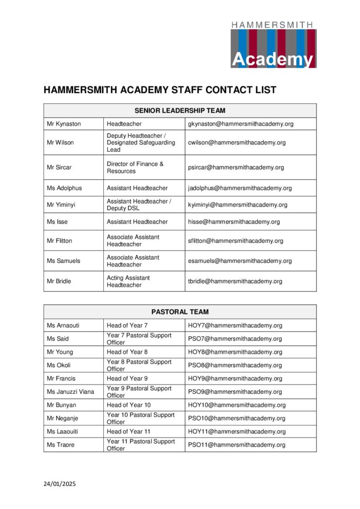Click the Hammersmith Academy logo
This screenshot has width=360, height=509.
[x=273, y=45]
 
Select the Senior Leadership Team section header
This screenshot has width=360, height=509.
[x=179, y=111]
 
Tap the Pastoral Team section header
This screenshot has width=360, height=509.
[x=179, y=312]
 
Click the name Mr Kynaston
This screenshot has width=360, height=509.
[x=64, y=124]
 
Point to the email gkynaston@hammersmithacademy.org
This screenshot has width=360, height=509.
[x=241, y=124]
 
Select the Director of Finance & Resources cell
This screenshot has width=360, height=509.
[x=135, y=168]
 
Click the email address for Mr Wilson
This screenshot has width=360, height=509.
[x=237, y=142]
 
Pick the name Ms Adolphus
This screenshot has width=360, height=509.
[x=64, y=188]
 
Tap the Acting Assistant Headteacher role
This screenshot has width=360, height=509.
[x=128, y=281]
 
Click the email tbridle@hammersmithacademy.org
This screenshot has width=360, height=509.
[x=235, y=281]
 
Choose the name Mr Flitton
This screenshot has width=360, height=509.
[x=60, y=241]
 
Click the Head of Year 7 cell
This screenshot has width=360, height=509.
[x=127, y=325]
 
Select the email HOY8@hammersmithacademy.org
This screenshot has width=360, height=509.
[x=235, y=352]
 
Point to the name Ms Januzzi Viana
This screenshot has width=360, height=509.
[x=70, y=392]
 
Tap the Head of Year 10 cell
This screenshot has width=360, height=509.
[x=129, y=405]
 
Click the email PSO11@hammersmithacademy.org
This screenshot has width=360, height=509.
[x=237, y=445]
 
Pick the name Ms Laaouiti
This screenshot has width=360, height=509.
[x=63, y=431]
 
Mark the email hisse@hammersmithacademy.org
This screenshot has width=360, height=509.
[x=234, y=222]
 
